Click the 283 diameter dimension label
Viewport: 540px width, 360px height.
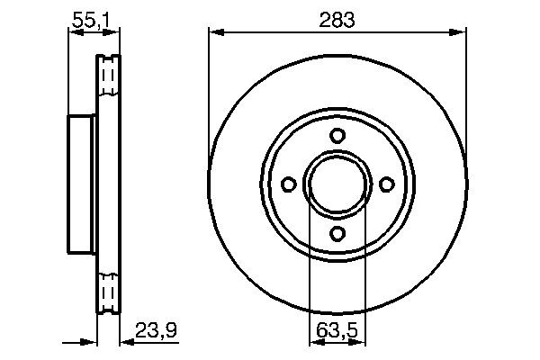337,20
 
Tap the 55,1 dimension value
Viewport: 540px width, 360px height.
91,20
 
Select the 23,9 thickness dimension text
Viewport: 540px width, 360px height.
156,330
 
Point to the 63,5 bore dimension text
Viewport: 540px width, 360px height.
337,330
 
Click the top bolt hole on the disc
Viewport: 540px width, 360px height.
337,135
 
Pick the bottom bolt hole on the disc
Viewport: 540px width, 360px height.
337,233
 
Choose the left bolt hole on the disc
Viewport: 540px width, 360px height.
289,184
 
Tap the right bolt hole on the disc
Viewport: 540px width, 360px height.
386,184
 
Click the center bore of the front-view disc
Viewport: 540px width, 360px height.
337,184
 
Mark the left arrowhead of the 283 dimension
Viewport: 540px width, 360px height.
217,32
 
